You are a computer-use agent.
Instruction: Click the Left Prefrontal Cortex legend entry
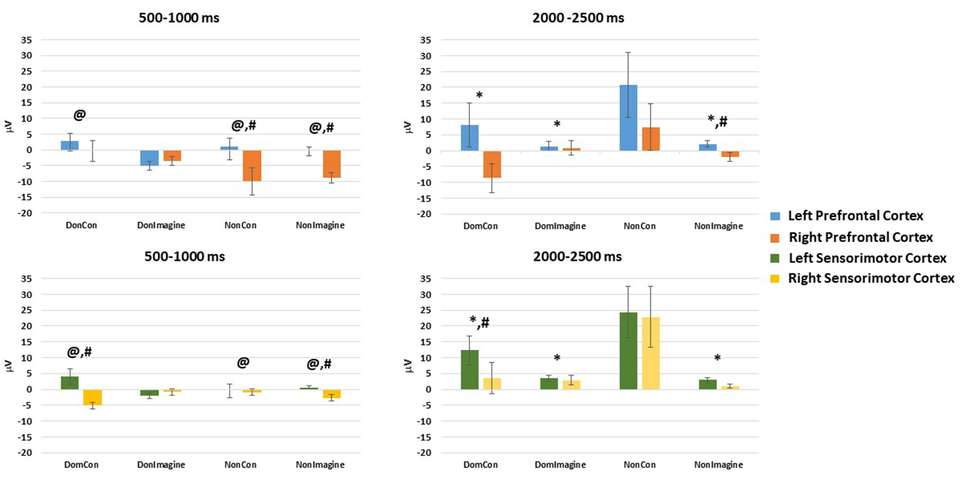tap(855, 216)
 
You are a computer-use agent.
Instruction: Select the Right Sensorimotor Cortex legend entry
tap(870, 278)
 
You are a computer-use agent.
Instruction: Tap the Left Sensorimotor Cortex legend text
tap(867, 258)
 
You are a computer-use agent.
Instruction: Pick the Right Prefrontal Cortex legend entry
tap(860, 237)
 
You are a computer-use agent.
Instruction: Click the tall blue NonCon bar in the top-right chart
tap(628, 118)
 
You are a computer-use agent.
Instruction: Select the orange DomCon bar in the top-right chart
tap(492, 164)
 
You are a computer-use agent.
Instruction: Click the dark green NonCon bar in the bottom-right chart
tap(628, 351)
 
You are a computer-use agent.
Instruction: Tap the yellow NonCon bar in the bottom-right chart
tap(650, 353)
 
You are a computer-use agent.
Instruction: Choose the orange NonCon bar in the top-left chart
tap(252, 165)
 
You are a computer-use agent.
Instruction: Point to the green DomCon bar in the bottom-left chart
tap(70, 382)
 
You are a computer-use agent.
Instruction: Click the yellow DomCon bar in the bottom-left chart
tap(92, 397)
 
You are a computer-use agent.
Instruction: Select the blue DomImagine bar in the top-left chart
tap(149, 158)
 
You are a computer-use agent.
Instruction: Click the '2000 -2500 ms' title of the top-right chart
tap(578, 18)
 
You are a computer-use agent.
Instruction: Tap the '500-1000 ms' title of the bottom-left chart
tap(184, 257)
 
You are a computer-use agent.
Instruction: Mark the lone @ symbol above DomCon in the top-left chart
tap(80, 115)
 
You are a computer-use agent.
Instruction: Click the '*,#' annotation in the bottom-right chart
tap(479, 322)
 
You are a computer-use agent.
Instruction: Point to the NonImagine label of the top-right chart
tap(718, 226)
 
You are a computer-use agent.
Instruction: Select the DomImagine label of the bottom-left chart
tap(161, 464)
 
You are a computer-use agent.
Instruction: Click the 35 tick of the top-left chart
tap(26, 40)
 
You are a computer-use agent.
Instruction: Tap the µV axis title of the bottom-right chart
tap(408, 366)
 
